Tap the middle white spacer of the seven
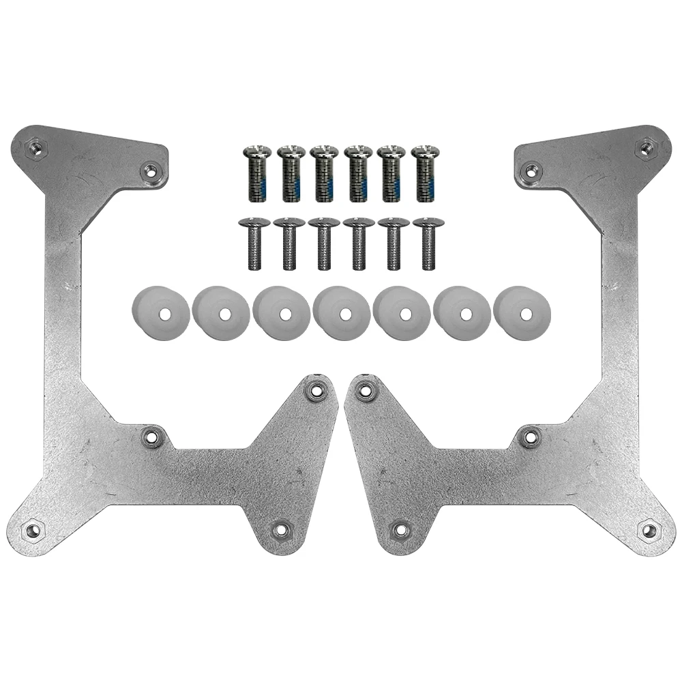point(342,312)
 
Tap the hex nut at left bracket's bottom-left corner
point(32,529)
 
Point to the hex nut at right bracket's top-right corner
point(644,146)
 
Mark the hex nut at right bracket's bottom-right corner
point(649,529)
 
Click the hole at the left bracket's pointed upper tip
point(315,390)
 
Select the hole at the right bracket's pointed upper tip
point(366,390)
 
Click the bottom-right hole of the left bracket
point(280,529)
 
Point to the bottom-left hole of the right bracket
point(400,529)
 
